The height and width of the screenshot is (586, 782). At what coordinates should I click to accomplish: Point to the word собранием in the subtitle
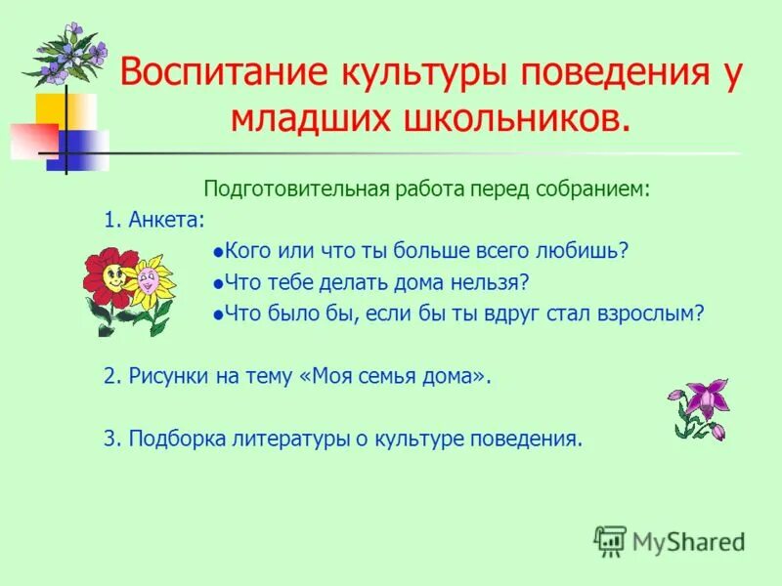click(x=592, y=188)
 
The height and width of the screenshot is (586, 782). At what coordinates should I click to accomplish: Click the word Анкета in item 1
click(x=166, y=220)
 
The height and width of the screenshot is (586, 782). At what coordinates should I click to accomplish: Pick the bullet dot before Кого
click(x=218, y=252)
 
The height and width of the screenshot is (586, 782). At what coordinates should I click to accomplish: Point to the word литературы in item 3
click(x=293, y=439)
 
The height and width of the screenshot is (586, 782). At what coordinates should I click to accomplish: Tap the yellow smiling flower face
click(x=151, y=281)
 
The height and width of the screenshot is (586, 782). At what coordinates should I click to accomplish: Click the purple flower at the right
click(x=700, y=400)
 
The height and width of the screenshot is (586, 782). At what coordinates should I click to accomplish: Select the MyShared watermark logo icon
click(x=610, y=539)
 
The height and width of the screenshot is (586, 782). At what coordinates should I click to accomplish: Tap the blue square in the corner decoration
click(x=77, y=149)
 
